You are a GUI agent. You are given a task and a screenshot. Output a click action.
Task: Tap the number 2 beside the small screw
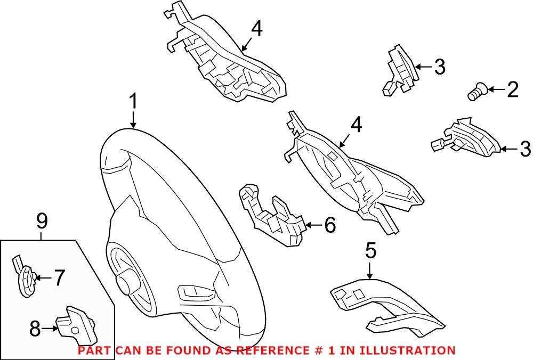[512, 90]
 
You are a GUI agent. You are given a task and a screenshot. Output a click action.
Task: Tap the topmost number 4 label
[256, 29]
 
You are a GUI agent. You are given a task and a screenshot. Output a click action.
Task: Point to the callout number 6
[330, 225]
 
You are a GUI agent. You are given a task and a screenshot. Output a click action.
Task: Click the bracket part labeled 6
[272, 216]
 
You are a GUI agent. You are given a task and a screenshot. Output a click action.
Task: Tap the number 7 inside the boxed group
[59, 277]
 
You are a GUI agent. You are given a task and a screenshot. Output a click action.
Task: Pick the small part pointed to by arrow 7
[24, 277]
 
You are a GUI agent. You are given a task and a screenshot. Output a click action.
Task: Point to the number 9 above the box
[42, 219]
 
